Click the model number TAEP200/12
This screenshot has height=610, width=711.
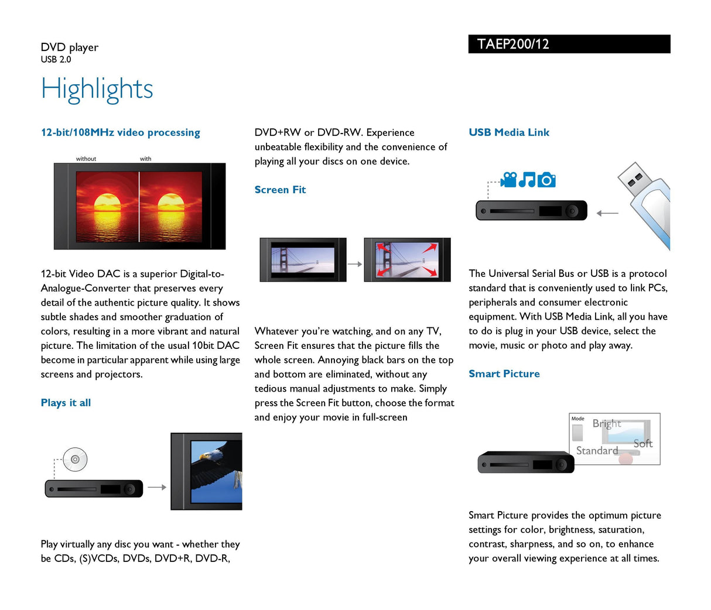coord(513,44)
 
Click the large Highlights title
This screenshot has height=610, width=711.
coord(97,90)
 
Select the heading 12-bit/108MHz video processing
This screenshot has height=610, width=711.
coord(120,132)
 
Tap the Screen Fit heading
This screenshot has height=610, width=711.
coord(280,190)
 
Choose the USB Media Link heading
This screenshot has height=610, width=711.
coord(509,132)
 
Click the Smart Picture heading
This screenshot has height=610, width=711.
coord(504,373)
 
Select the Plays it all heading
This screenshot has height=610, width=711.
coord(66,403)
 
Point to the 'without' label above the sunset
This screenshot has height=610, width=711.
coord(86,159)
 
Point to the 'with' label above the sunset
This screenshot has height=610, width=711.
coord(145,159)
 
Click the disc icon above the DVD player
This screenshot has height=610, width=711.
coord(75,460)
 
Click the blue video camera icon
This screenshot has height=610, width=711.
coord(509,180)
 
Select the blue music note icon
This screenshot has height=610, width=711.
coord(527,180)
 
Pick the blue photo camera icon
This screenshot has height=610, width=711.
coord(546,180)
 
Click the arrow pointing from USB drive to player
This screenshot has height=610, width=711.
coord(607,213)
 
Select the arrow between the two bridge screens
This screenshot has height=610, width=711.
coord(355,264)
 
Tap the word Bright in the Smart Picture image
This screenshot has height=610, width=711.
coord(607,423)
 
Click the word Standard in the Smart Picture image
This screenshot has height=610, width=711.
coord(597,450)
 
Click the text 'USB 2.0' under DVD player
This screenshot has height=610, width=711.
coord(56,59)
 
